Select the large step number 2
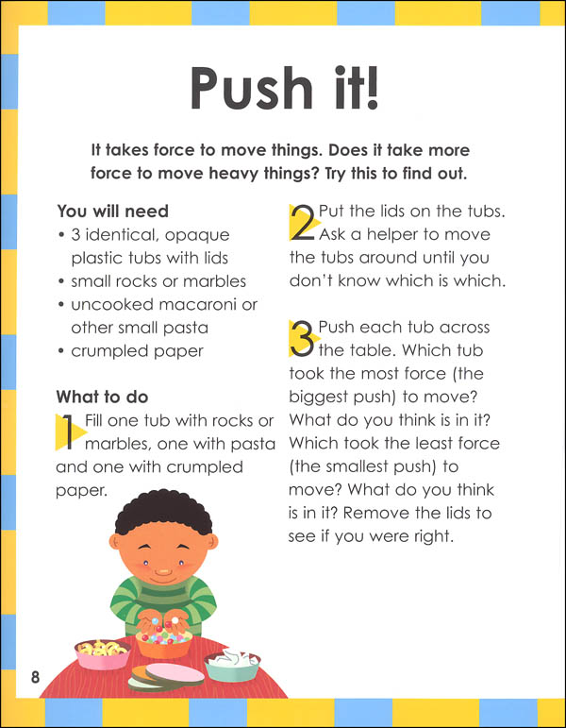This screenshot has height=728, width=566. [x=302, y=223]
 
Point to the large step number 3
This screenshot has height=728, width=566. [x=302, y=339]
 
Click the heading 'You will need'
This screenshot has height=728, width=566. [x=112, y=211]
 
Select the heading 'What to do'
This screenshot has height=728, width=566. [x=102, y=397]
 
